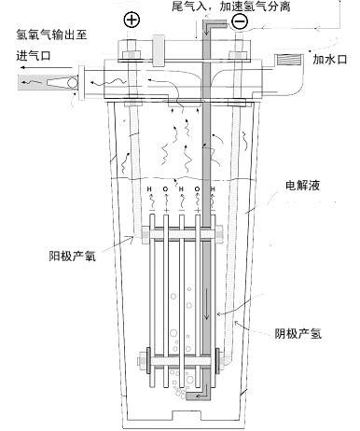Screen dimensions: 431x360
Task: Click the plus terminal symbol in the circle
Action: click(131, 19)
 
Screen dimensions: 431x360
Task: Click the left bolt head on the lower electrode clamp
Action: click(146, 357)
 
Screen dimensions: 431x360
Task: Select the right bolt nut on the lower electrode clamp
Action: click(219, 358)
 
